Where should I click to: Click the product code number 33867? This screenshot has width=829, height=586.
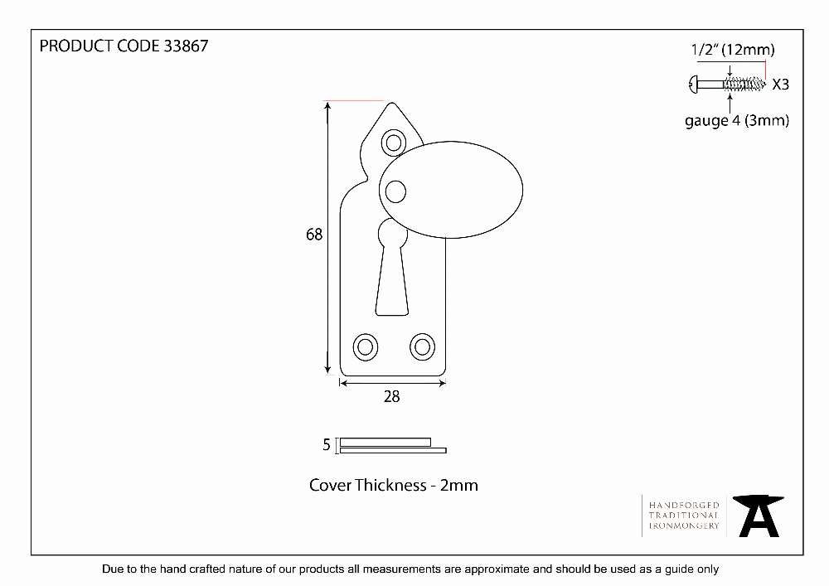click(x=186, y=46)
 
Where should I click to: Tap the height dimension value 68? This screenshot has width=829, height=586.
click(x=314, y=234)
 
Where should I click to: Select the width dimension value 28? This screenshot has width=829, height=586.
click(x=392, y=397)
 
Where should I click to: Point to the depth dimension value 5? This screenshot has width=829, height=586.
click(x=327, y=445)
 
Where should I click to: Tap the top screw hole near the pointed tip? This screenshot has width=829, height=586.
click(x=394, y=143)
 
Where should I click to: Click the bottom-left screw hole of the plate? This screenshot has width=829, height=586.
click(x=366, y=347)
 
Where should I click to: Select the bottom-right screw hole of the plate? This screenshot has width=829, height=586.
click(x=423, y=347)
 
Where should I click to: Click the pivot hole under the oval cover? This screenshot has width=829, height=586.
click(x=395, y=191)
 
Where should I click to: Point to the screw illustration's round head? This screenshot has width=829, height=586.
click(x=693, y=84)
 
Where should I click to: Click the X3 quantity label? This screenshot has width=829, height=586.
click(x=781, y=85)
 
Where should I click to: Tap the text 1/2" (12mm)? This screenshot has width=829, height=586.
click(x=733, y=50)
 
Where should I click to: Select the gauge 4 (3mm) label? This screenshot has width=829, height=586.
click(x=737, y=121)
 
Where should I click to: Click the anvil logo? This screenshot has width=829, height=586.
click(x=759, y=516)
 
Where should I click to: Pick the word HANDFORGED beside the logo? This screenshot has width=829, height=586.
click(x=684, y=505)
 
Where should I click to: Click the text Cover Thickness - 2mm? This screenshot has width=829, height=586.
click(x=394, y=485)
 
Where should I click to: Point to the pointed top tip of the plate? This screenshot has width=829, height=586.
click(x=392, y=103)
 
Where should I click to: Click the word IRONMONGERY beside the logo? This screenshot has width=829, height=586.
click(x=684, y=525)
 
